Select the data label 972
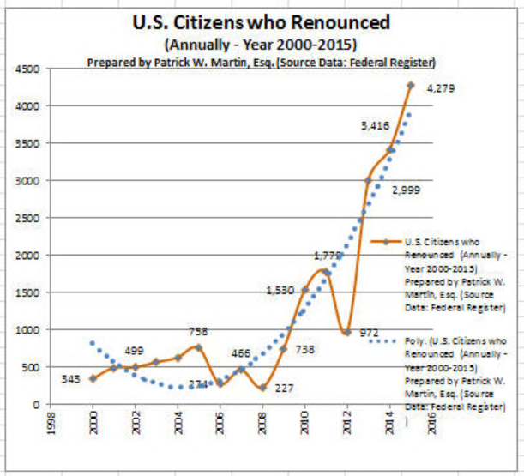coord(370,332)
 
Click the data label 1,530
coord(280,290)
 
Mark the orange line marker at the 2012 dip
coord(346,332)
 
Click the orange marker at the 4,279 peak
coord(410,85)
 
